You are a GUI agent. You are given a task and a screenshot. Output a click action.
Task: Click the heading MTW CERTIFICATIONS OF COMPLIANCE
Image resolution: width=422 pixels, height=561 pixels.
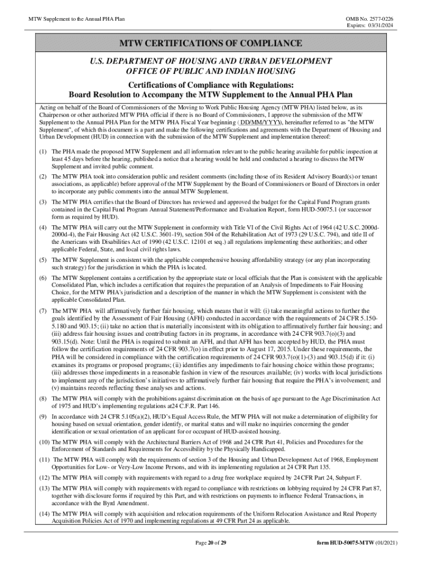(211, 43)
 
